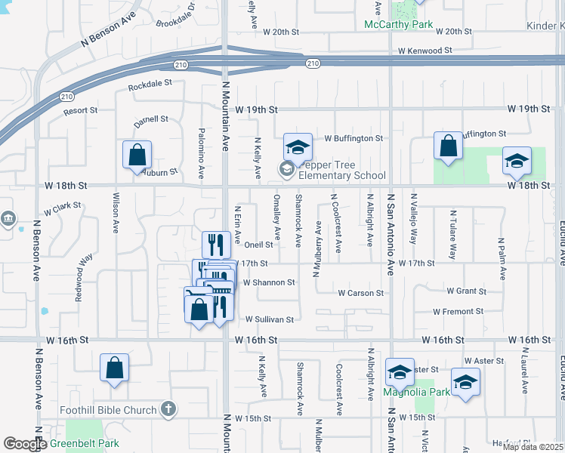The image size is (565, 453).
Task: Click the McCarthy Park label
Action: [x=399, y=25]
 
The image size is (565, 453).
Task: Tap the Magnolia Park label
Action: [x=417, y=392]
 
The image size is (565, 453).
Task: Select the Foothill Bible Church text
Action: [x=109, y=410]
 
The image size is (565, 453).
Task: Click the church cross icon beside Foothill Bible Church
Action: [x=168, y=410]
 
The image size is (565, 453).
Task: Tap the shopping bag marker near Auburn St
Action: [x=137, y=155]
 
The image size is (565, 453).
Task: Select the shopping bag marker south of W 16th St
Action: [x=115, y=368]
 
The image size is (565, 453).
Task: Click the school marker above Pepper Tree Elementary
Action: [x=298, y=146]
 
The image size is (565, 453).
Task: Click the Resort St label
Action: [x=81, y=110]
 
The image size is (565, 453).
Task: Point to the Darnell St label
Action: [x=151, y=119]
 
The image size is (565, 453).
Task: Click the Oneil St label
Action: [x=258, y=245]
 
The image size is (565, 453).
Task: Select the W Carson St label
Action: [x=360, y=292]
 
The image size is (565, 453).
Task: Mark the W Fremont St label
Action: [x=458, y=311]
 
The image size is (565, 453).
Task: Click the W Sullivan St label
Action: [x=268, y=319]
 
